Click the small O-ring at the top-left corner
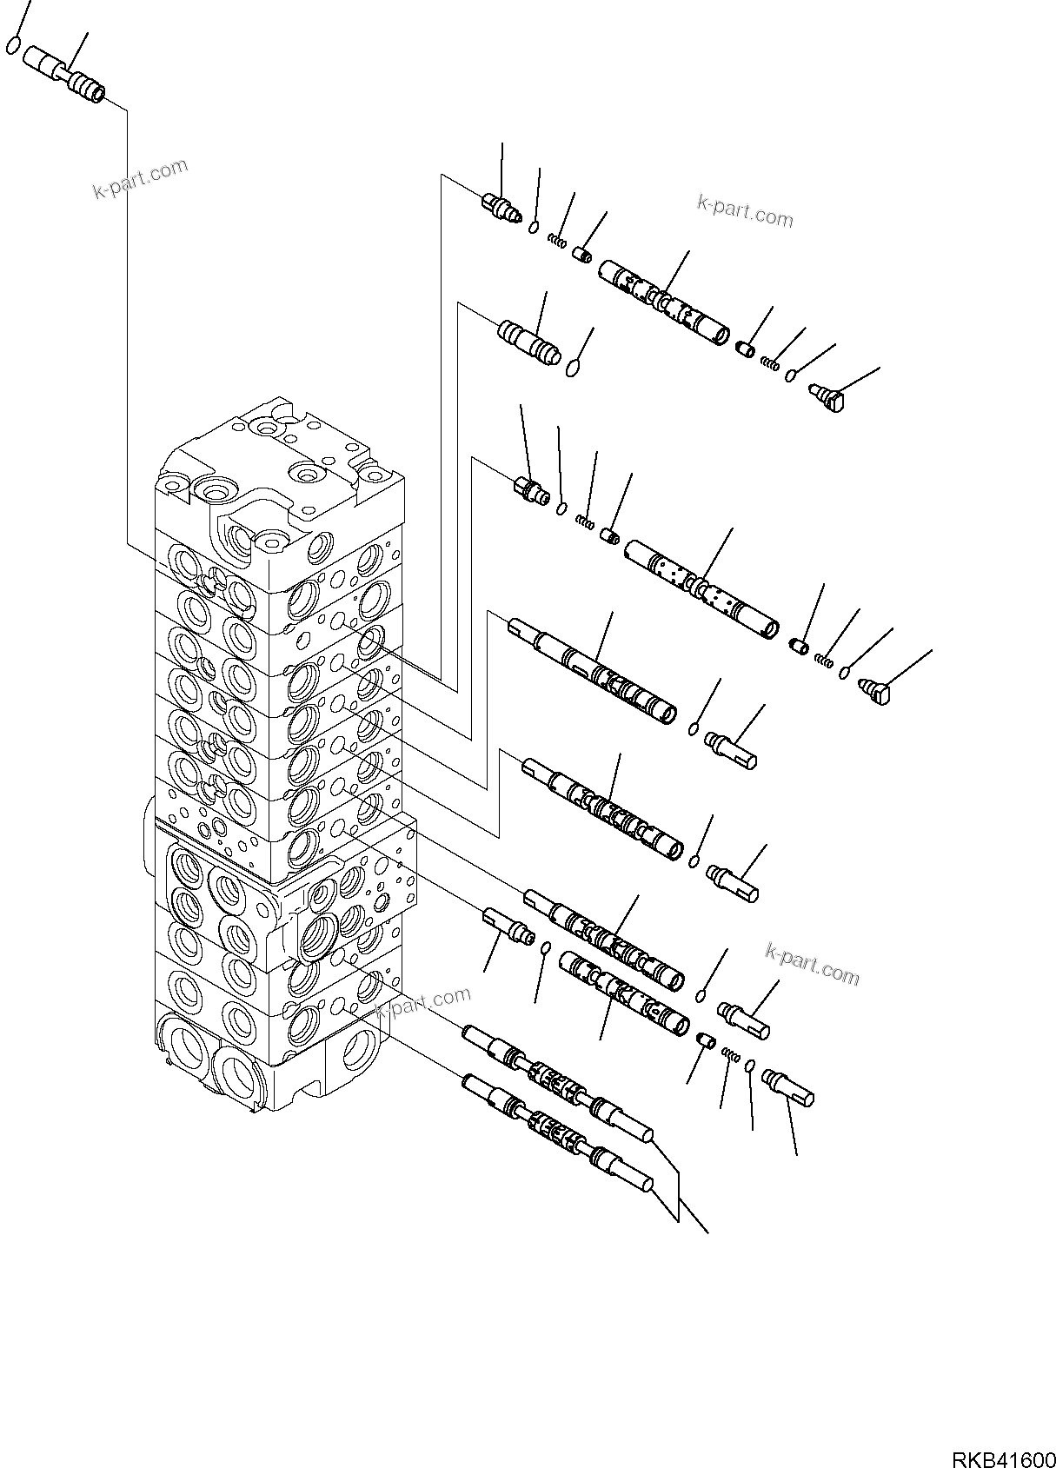[13, 44]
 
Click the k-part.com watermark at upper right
[745, 211]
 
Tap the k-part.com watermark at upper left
[140, 179]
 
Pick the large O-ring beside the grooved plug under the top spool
[572, 370]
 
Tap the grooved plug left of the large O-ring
[529, 342]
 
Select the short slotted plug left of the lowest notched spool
[507, 923]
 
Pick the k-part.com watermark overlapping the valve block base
[423, 1003]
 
